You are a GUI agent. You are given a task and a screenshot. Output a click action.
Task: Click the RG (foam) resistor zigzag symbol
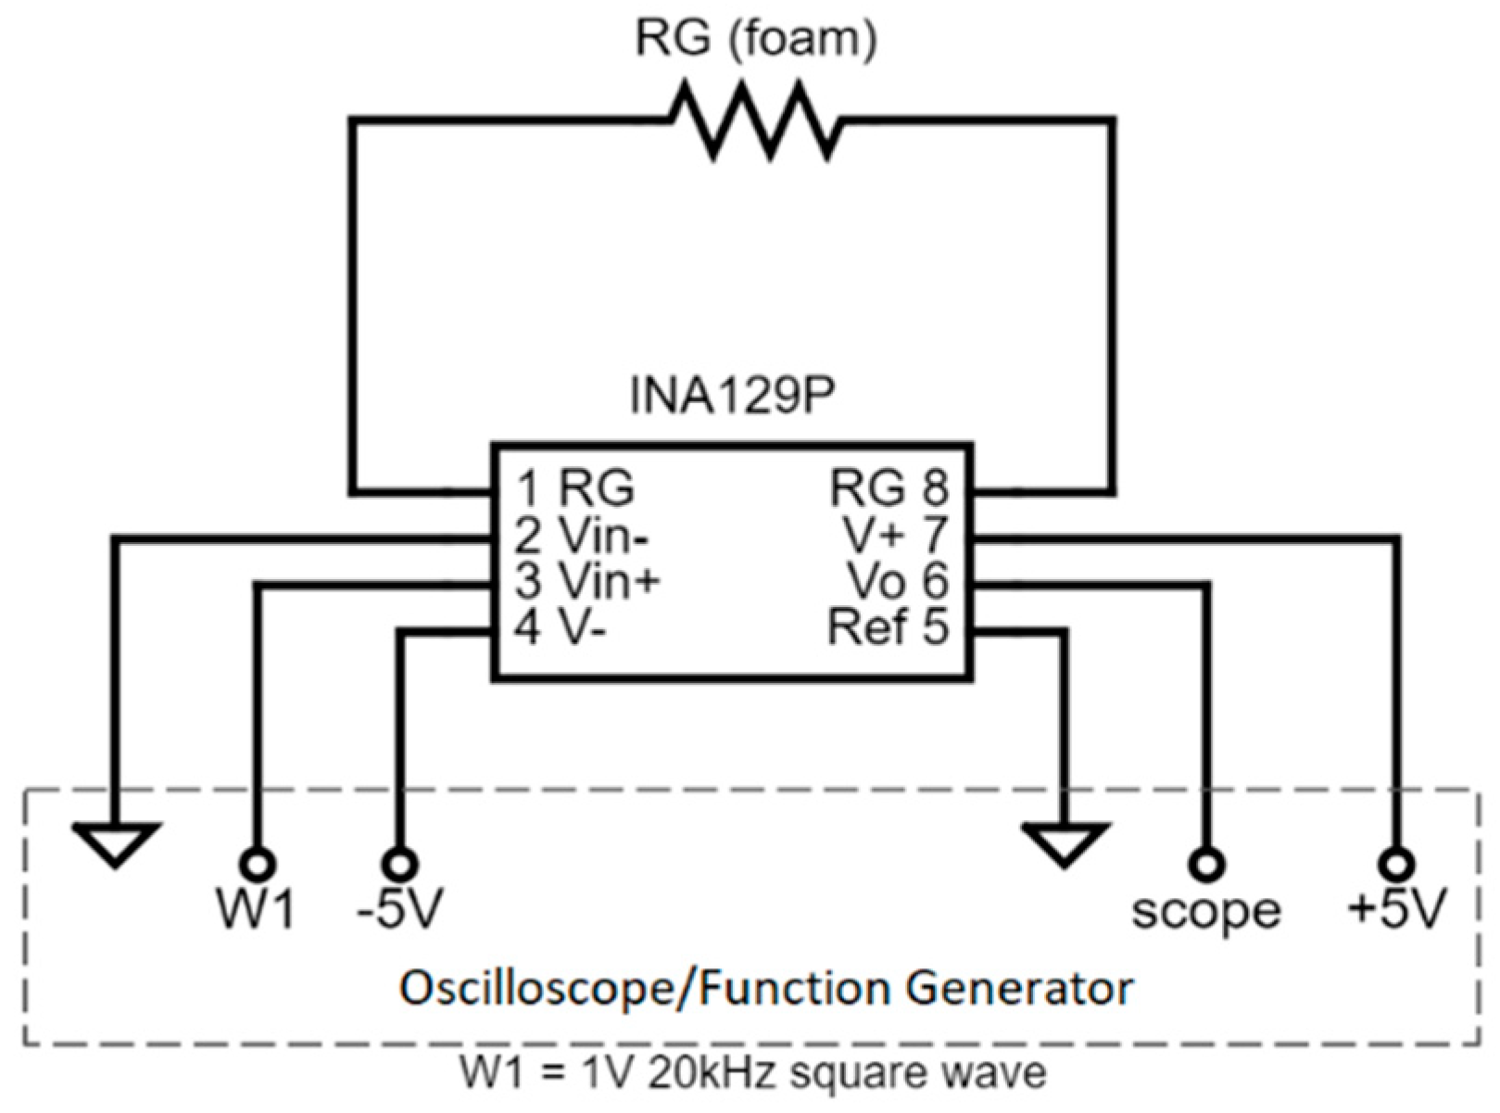tap(755, 120)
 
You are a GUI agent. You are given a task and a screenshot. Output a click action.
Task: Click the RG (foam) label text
tap(755, 40)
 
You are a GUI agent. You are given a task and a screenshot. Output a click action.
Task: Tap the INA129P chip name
tap(732, 397)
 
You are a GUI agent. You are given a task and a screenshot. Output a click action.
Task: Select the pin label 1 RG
tap(575, 487)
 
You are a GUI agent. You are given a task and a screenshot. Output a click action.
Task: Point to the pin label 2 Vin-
tap(582, 536)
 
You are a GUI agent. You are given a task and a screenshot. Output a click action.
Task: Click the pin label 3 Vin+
tap(587, 582)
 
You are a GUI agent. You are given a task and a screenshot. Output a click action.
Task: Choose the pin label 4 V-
tap(561, 629)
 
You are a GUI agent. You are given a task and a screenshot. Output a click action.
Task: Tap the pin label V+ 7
tap(896, 535)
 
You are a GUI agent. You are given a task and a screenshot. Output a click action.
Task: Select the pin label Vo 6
tap(898, 581)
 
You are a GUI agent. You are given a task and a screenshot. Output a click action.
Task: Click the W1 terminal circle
tap(258, 865)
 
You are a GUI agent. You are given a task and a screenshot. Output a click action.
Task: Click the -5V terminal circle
tap(400, 865)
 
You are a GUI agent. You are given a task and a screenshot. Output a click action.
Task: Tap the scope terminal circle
tap(1205, 865)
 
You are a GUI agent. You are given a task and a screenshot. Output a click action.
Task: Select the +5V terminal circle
tap(1395, 865)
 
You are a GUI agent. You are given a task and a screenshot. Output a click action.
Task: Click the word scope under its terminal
tap(1205, 912)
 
